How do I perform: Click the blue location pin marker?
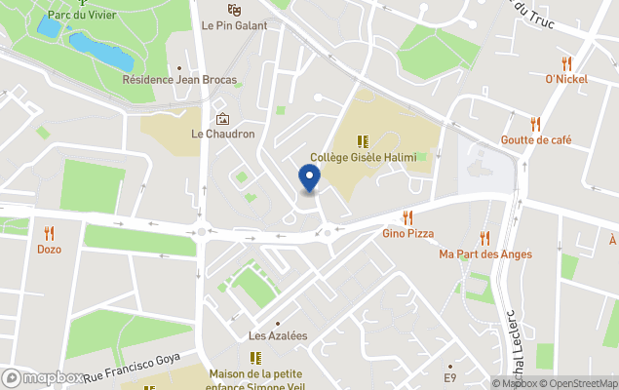point(309,178)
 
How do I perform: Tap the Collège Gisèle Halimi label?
point(363,157)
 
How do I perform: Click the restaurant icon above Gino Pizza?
point(407,217)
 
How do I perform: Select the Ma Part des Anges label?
point(485,254)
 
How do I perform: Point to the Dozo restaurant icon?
point(49,233)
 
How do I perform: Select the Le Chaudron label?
point(222,134)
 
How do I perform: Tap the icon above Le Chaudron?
point(222,118)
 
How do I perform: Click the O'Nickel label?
point(566,79)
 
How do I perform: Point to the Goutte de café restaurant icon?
point(535,124)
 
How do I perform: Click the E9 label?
point(449,377)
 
